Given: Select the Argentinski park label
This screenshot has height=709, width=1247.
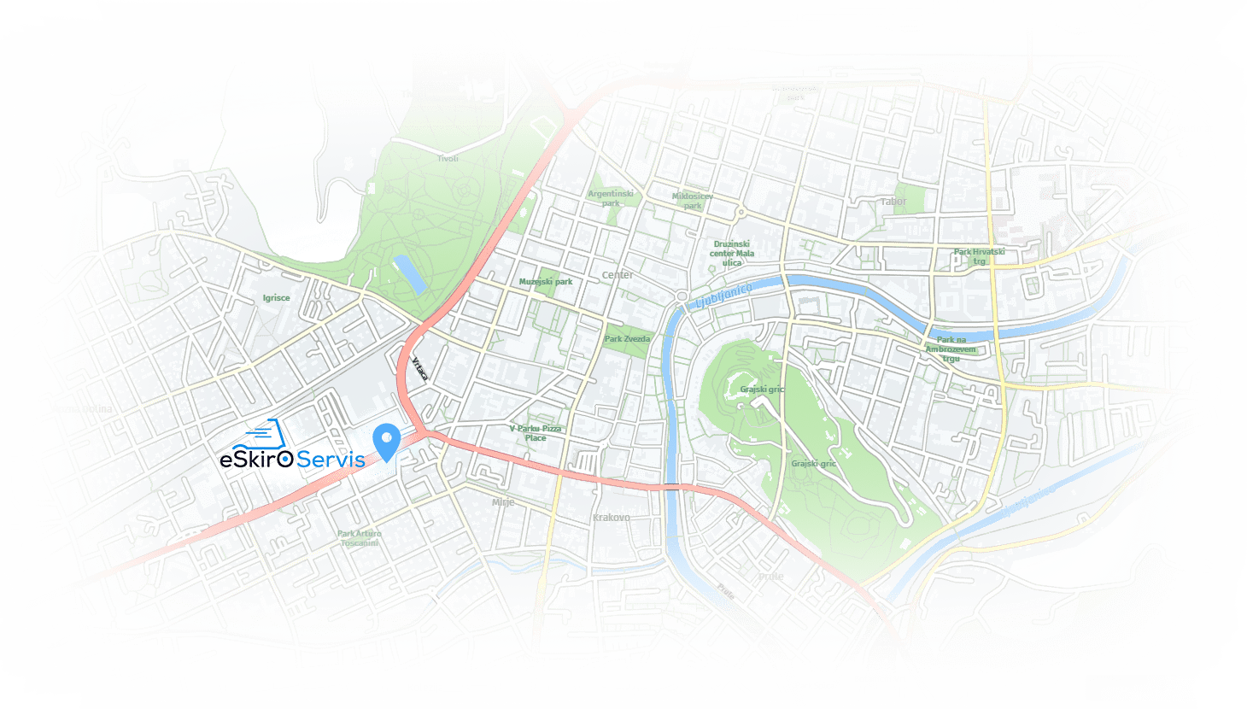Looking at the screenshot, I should [x=611, y=198].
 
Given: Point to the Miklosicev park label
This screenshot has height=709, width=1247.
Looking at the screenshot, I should [x=692, y=201].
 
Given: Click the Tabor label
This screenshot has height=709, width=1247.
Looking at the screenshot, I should [x=893, y=202].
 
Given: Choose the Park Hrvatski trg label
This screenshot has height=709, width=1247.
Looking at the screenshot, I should [x=980, y=256].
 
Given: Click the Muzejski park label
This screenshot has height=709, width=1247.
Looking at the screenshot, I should [x=546, y=282].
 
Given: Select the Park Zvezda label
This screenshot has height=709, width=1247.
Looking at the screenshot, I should [x=627, y=339].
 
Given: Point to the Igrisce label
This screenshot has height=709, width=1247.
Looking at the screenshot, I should [x=276, y=298].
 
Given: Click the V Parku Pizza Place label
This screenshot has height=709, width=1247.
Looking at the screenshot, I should [x=536, y=433].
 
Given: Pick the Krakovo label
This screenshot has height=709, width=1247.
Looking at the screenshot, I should [x=611, y=518].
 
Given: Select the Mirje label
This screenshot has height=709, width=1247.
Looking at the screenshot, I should [x=503, y=502].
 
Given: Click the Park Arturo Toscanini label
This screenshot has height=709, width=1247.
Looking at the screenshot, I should [x=360, y=538].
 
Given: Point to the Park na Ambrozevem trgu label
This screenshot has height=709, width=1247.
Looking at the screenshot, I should [x=951, y=349].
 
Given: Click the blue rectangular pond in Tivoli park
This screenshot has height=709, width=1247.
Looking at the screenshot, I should [x=409, y=274].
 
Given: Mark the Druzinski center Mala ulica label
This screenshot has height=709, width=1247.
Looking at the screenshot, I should [x=732, y=253].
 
